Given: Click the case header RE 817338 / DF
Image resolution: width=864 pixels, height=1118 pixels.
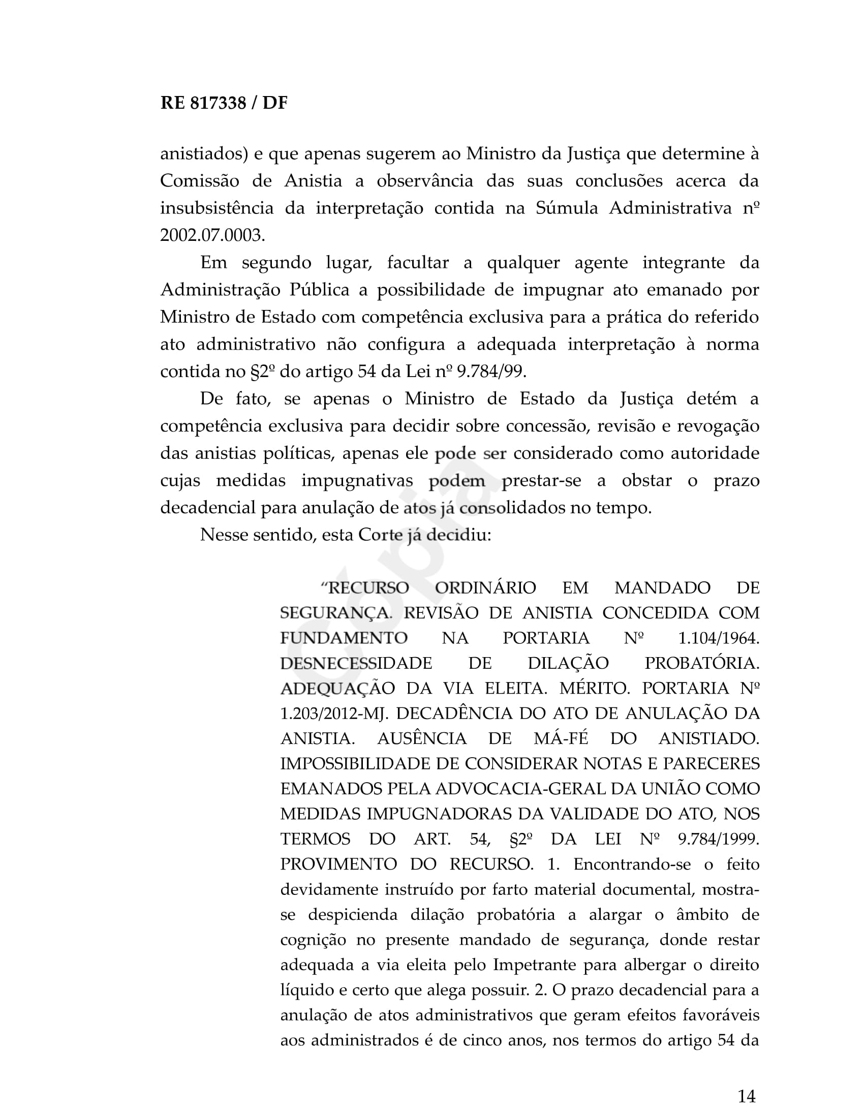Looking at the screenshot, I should pos(224,103).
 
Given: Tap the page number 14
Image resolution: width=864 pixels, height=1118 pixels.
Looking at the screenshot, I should pos(747,1096).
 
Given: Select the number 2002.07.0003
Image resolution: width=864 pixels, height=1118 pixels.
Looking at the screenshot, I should pos(212,235).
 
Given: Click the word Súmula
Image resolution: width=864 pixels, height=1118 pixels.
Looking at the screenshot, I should pos(567,208).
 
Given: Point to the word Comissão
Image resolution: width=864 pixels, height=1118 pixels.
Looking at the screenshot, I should pos(200,181).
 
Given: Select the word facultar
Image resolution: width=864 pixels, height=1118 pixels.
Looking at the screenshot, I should pos(418,263).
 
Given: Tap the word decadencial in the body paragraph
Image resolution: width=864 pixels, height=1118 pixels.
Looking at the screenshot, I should pos(208,508).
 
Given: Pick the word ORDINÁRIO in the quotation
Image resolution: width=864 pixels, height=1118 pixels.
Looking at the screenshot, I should pos(485,587).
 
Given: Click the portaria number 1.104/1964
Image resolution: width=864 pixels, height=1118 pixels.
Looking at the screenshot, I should pos(719,638).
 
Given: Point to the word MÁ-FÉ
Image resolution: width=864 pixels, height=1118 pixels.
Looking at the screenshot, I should pos(561,739).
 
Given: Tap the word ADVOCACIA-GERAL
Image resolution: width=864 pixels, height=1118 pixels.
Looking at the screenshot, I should pos(520,789).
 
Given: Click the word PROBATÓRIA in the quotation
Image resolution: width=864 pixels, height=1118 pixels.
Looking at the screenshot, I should pos(702,663).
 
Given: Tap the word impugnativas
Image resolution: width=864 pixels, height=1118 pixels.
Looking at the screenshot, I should pos(357,481).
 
